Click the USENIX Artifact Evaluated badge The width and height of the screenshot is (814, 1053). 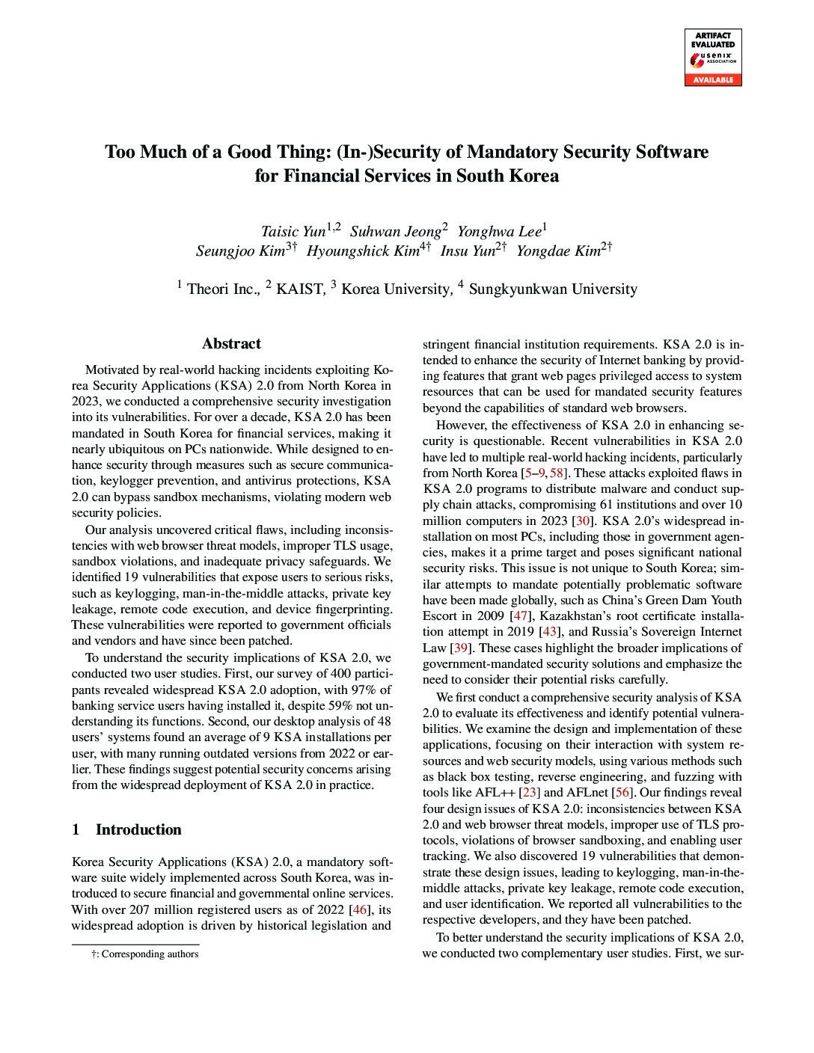[x=712, y=57]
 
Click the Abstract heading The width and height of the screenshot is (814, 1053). [x=231, y=344]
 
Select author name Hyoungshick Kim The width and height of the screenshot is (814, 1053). [x=362, y=251]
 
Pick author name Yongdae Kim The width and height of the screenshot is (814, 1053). [x=558, y=251]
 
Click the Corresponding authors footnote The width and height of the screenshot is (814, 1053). [x=144, y=954]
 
